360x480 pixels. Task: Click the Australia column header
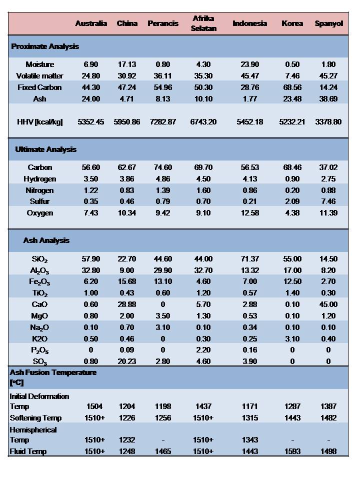91,23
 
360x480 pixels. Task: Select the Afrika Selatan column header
203,23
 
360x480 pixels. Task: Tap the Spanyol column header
328,23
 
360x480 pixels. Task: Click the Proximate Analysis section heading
45,46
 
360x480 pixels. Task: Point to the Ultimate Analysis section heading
45,149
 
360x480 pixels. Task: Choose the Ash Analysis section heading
46,240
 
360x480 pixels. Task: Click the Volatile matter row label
39,76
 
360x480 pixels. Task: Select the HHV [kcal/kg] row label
39,121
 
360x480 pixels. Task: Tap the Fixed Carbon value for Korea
292,87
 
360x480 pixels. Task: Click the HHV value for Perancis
163,121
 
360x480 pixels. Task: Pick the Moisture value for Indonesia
249,64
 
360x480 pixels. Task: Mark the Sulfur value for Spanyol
328,201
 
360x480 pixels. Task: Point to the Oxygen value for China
127,213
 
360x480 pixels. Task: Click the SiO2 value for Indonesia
249,259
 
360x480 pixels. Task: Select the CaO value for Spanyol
328,304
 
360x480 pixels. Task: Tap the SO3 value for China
127,361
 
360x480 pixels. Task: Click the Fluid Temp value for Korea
292,451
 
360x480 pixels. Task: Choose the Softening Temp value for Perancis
163,418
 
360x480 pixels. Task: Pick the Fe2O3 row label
39,282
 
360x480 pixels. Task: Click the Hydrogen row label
39,179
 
